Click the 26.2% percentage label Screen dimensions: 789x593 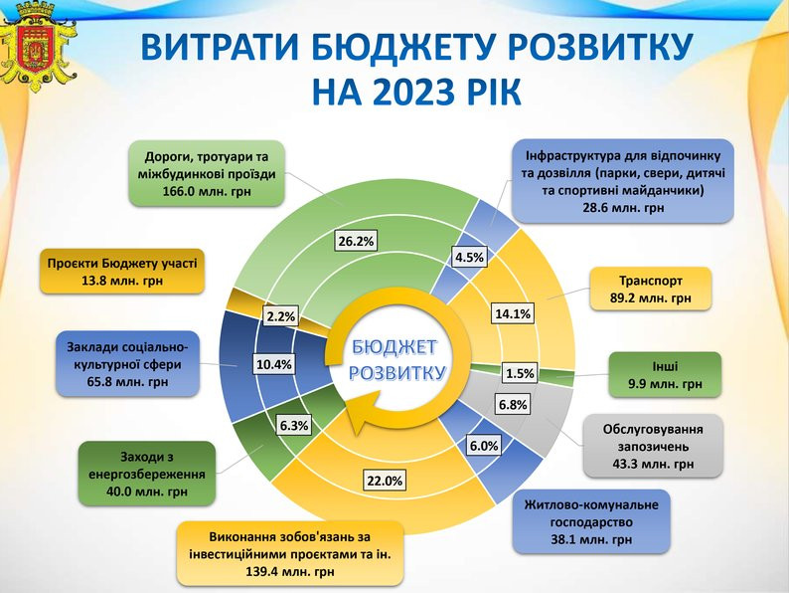click(357, 242)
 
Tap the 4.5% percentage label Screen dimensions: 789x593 click(469, 258)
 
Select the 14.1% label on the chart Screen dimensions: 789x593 click(513, 313)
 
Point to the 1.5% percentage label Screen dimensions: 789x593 click(520, 373)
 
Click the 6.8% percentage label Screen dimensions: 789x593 click(513, 405)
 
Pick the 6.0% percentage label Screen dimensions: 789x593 click(484, 446)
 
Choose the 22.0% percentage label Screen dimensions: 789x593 click(385, 481)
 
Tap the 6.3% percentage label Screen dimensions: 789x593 click(294, 426)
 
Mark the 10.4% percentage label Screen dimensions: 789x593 click(273, 364)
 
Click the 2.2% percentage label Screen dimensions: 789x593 click(281, 317)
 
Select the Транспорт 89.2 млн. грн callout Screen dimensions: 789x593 click(651, 289)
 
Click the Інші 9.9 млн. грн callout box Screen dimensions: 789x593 click(665, 375)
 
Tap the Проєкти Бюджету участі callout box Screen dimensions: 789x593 click(122, 272)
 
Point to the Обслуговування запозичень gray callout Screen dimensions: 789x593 click(653, 446)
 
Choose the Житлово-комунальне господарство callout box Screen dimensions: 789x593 click(591, 521)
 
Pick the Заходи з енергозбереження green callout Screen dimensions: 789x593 click(147, 474)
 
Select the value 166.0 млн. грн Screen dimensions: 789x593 click(207, 191)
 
